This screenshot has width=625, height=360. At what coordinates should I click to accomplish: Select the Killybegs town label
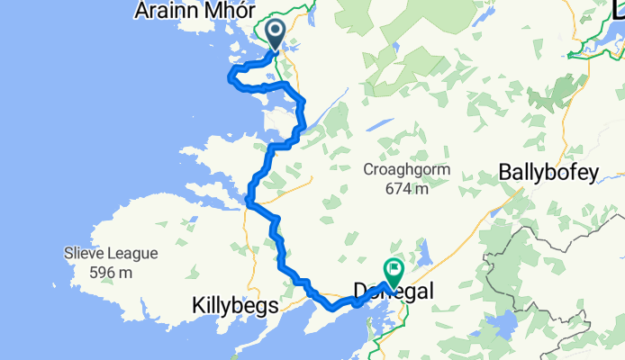coord(232,307)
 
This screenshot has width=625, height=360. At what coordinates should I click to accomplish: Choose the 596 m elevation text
coord(112,272)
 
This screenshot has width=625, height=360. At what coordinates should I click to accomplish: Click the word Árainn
coord(165,12)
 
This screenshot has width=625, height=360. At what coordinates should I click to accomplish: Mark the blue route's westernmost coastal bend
coord(231,74)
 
